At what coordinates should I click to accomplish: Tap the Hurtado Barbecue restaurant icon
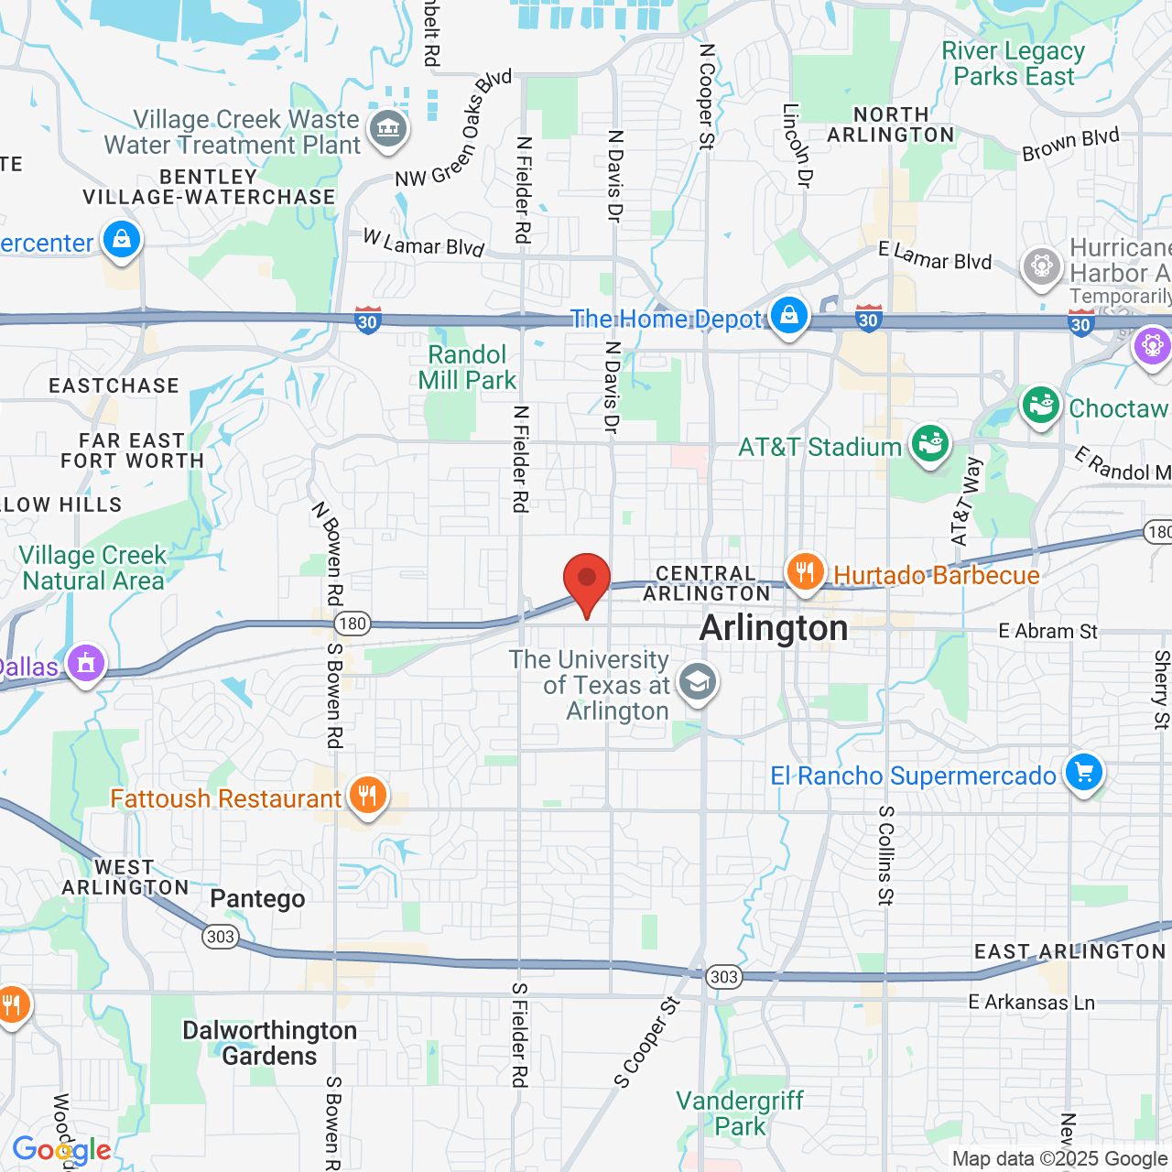[805, 573]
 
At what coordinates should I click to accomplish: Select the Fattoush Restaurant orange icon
[367, 796]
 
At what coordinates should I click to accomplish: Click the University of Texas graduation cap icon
[698, 682]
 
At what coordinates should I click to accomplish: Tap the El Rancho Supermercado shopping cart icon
[1084, 773]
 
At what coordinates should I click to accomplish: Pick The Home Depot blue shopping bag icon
[788, 316]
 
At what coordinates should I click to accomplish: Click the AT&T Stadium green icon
[929, 444]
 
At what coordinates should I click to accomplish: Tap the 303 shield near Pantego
[221, 936]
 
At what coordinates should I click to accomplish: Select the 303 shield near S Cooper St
[723, 976]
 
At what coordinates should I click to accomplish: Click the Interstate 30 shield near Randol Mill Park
[368, 320]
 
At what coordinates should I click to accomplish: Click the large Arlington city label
[774, 629]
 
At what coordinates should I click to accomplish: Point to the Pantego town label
[257, 898]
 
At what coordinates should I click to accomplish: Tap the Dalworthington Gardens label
[269, 1043]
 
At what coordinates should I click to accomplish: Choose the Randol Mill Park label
[467, 367]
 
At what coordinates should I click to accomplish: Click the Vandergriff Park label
[740, 1113]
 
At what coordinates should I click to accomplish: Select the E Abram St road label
[1047, 631]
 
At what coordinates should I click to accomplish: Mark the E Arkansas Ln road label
[1031, 1002]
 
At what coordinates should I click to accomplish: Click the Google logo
[61, 1150]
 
